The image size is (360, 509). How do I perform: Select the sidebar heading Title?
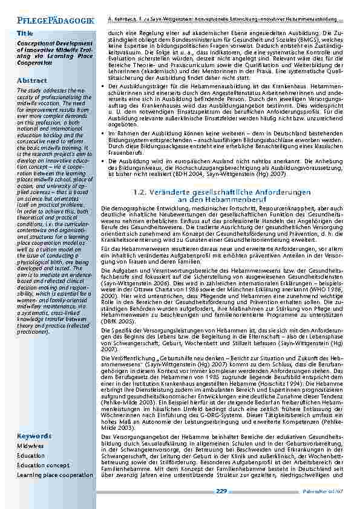click(x=25, y=33)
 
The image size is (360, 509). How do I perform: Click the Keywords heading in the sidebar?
click(x=34, y=436)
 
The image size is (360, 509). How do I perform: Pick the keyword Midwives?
click(x=31, y=446)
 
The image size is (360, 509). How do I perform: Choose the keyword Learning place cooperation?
click(x=55, y=475)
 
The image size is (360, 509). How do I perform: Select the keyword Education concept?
click(x=44, y=465)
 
